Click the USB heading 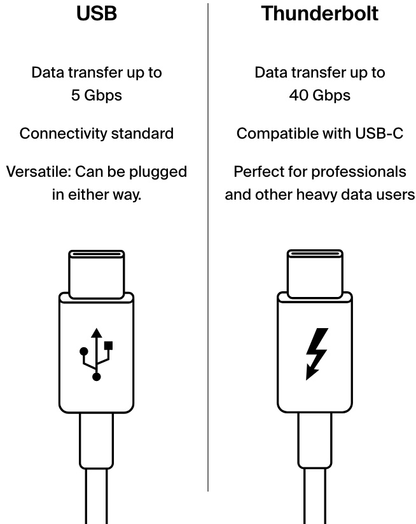tap(97, 13)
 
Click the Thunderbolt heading tap(319, 13)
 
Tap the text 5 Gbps tap(97, 95)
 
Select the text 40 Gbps tap(319, 95)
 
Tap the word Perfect tap(260, 172)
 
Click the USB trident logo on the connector tap(96, 354)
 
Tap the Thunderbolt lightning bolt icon tap(316, 354)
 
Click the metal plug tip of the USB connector tap(96, 273)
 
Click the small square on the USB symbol tap(109, 345)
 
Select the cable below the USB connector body tap(96, 471)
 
